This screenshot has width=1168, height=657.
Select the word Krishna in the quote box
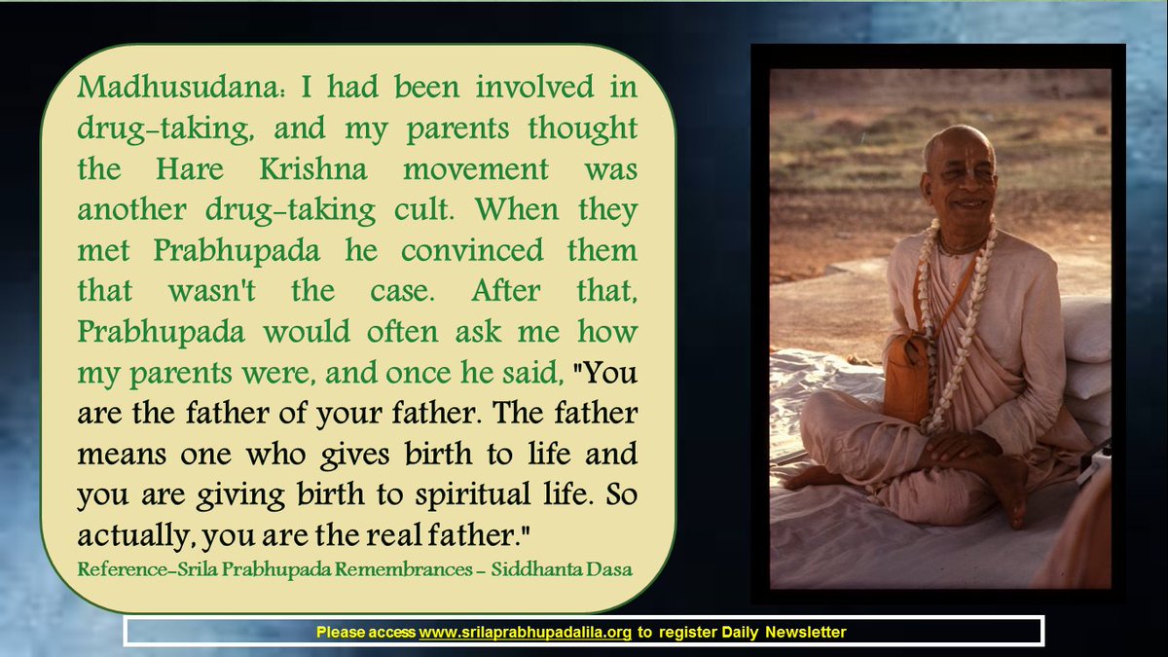[313, 169]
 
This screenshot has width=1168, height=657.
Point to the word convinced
[472, 250]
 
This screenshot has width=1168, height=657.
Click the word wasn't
[212, 291]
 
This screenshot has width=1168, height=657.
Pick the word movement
[476, 169]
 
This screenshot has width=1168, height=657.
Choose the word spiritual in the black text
[473, 495]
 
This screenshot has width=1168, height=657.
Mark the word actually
[133, 536]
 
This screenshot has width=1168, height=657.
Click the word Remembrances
[404, 569]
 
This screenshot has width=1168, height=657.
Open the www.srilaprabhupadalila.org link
[525, 633]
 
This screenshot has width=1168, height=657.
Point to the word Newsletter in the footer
[806, 633]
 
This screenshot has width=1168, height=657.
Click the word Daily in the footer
[740, 633]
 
